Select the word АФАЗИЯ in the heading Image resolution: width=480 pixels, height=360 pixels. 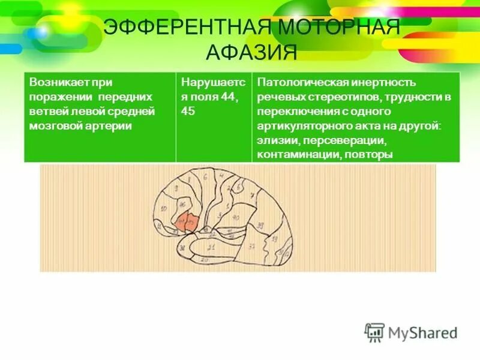click(x=251, y=52)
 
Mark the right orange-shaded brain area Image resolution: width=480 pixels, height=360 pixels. click(x=191, y=222)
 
